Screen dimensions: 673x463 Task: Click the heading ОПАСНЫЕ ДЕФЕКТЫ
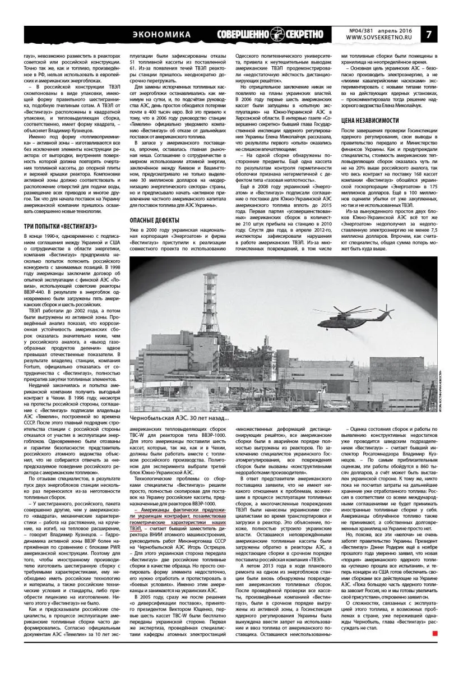click(155, 220)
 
